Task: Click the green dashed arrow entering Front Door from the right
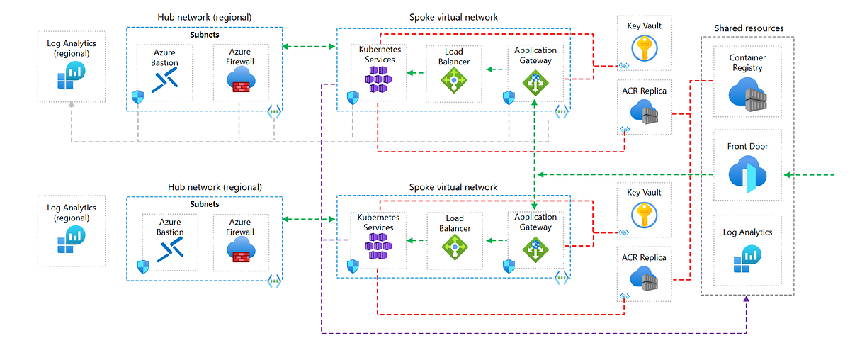(x=815, y=175)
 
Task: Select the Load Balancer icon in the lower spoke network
(x=454, y=248)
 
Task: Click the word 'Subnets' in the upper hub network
(x=205, y=33)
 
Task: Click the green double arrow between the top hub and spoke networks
(x=309, y=47)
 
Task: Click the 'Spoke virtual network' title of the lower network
(x=453, y=187)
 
